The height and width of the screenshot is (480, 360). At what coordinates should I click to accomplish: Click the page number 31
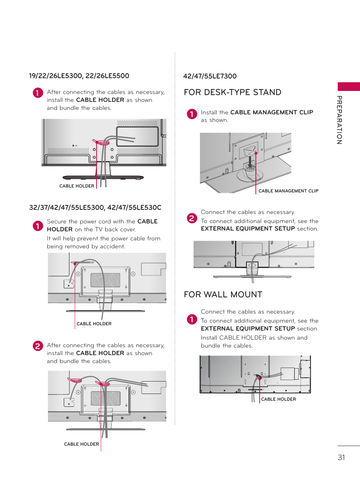(x=341, y=457)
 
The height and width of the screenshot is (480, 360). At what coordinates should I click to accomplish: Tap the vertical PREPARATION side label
(x=339, y=120)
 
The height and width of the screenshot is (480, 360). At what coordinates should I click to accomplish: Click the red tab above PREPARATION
(x=348, y=86)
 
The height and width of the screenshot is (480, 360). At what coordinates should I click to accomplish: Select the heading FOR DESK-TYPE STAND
(x=232, y=92)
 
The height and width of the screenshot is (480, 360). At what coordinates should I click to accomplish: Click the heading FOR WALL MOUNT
(x=223, y=295)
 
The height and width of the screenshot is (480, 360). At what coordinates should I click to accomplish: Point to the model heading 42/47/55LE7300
(x=210, y=76)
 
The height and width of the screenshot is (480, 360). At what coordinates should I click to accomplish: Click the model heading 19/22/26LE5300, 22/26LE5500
(x=79, y=76)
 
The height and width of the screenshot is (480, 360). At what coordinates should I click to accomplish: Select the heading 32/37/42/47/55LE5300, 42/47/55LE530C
(x=95, y=208)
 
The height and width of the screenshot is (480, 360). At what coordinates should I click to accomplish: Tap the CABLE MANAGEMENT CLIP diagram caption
(x=288, y=191)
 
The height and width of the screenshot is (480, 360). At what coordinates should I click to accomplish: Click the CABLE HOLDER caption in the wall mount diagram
(x=278, y=399)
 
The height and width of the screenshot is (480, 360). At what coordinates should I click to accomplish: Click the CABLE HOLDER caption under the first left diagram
(x=77, y=186)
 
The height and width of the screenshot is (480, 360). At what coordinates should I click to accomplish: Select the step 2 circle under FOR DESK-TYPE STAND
(x=192, y=218)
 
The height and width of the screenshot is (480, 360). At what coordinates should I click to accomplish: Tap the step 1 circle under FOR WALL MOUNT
(x=192, y=319)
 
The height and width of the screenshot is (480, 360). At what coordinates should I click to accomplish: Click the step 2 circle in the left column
(x=38, y=346)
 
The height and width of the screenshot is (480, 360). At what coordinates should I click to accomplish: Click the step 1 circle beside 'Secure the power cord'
(x=38, y=226)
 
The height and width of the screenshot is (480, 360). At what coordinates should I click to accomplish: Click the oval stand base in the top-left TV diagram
(x=103, y=177)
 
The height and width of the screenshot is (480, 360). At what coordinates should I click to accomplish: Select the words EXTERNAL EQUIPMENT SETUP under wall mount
(x=248, y=329)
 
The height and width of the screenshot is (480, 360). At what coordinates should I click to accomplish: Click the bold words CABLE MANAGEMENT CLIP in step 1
(x=271, y=112)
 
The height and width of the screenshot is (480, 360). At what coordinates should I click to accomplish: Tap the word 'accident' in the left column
(x=112, y=246)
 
